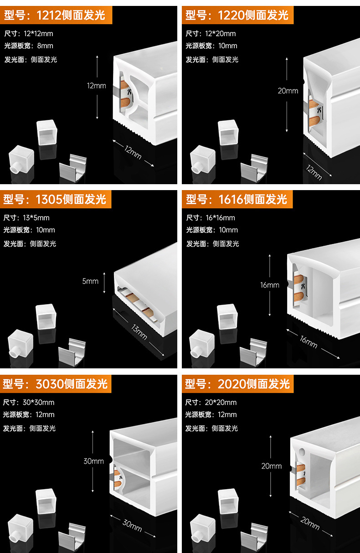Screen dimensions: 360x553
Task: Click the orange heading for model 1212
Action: pyautogui.click(x=55, y=16)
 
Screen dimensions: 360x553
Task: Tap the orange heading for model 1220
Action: pyautogui.click(x=237, y=16)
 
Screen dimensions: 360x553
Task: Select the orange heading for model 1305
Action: pyautogui.click(x=55, y=199)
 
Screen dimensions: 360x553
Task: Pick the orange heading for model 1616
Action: pyautogui.click(x=237, y=199)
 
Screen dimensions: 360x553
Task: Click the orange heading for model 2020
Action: pyautogui.click(x=237, y=384)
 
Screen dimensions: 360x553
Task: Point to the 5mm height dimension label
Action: pyautogui.click(x=90, y=281)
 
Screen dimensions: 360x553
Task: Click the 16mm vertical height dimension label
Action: pyautogui.click(x=270, y=285)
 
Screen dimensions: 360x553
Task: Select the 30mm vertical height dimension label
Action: pyautogui.click(x=93, y=461)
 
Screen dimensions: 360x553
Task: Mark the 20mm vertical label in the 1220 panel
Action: pyautogui.click(x=288, y=91)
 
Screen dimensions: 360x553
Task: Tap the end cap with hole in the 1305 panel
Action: pyautogui.click(x=20, y=343)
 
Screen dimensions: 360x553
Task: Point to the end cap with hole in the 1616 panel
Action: pyautogui.click(x=201, y=343)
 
